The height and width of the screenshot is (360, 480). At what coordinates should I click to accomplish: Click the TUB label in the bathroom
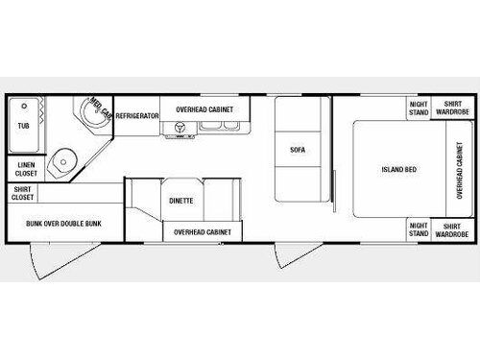click(23, 126)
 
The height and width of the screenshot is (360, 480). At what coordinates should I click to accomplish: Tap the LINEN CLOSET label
click(24, 169)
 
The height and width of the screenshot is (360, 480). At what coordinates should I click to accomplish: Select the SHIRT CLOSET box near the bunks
click(24, 195)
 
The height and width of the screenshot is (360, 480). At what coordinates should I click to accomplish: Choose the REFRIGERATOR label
click(136, 115)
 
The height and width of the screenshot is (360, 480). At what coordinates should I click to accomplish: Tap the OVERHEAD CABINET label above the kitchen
click(202, 110)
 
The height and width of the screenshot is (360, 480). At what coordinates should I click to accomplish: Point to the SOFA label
click(298, 150)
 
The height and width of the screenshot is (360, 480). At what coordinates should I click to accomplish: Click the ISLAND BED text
click(396, 170)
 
